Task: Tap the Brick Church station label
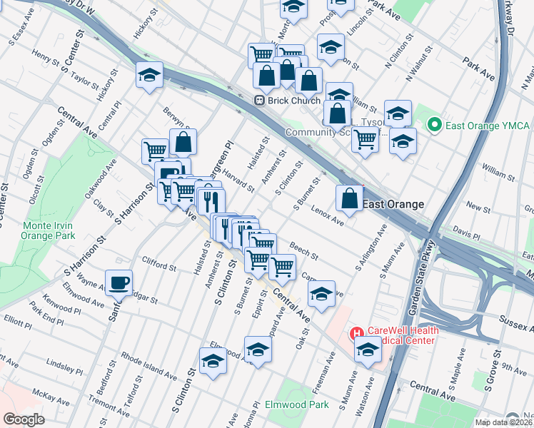click(x=294, y=101)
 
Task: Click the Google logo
click(x=24, y=419)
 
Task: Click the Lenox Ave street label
click(x=328, y=215)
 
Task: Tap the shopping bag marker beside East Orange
click(x=350, y=199)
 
